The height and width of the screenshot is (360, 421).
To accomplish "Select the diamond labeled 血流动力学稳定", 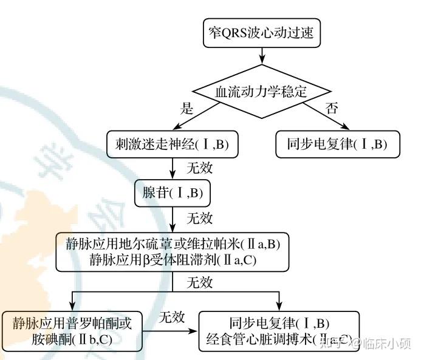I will point(262,92).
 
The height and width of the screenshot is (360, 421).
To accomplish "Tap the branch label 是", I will point(187,109).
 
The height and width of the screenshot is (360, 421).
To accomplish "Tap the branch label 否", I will point(332,109).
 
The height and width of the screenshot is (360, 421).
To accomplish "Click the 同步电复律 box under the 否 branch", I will point(337,144).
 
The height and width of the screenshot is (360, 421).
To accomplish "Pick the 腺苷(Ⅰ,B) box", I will point(173,193).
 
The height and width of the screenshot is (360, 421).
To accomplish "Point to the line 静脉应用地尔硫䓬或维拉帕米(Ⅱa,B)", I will point(173,244).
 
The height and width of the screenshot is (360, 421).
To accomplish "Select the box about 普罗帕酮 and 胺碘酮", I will point(72,331).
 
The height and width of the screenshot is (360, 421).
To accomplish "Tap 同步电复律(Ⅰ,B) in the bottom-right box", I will point(279,323).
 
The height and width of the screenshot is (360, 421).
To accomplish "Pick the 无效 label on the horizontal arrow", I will point(172,318).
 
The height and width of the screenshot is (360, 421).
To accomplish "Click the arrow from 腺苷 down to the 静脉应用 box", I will point(173,219).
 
